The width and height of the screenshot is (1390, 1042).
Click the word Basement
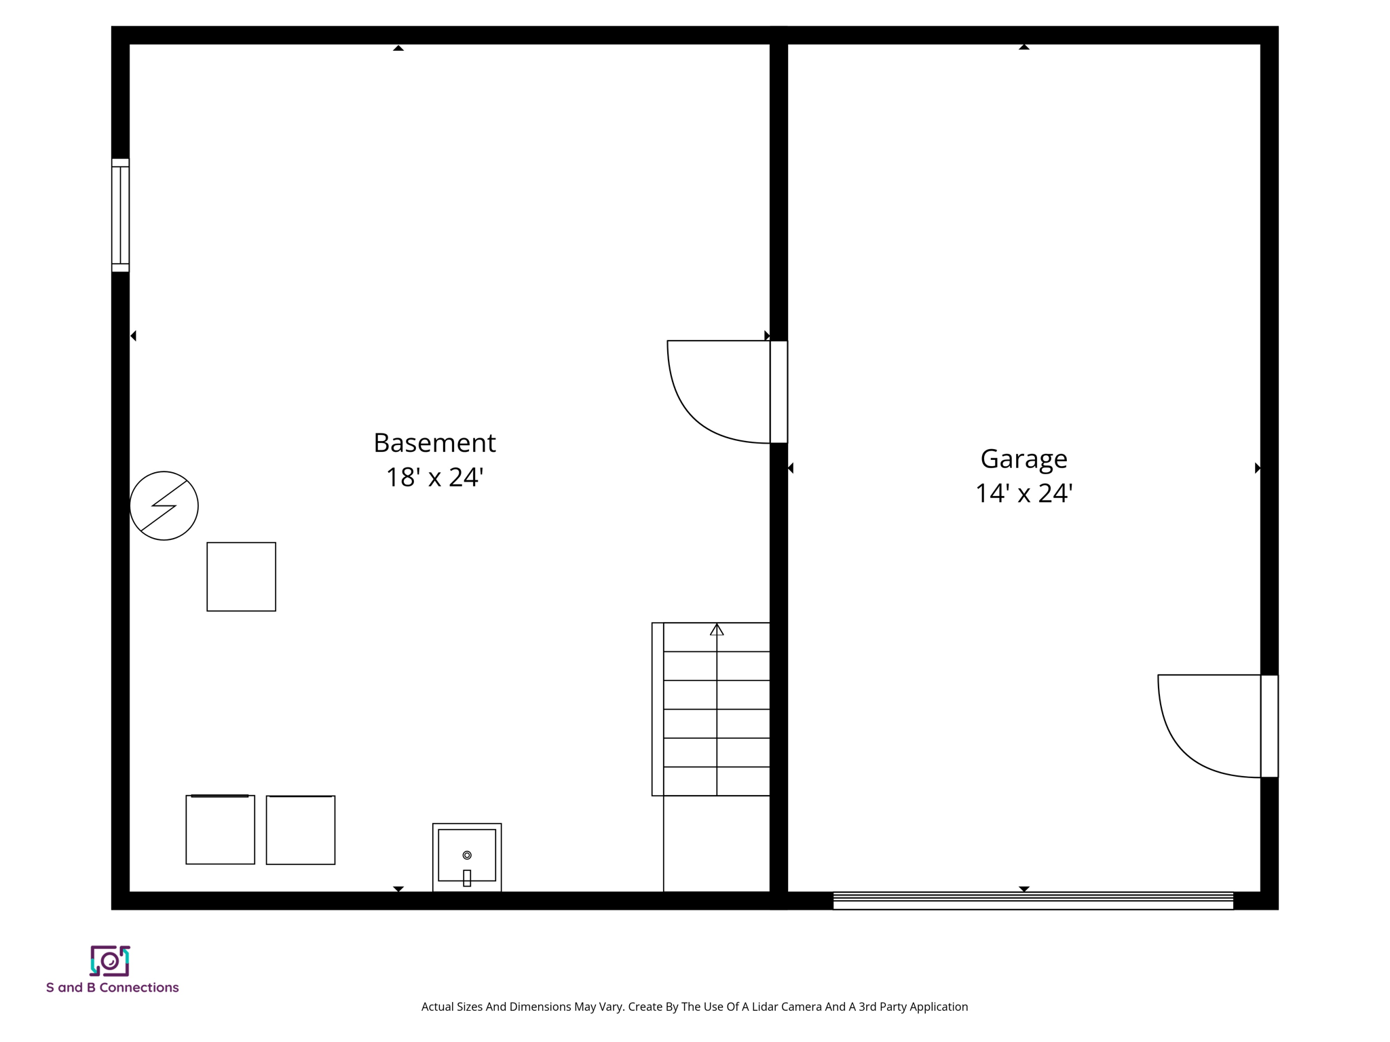click(x=434, y=443)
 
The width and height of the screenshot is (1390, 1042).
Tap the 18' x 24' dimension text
click(x=434, y=478)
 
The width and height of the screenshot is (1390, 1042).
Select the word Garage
click(x=1023, y=459)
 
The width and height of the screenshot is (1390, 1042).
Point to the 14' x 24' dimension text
click(x=1023, y=494)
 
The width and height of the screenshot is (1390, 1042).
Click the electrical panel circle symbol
click(x=164, y=505)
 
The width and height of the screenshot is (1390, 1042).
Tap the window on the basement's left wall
click(x=120, y=215)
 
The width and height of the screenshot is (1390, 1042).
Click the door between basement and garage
click(x=778, y=392)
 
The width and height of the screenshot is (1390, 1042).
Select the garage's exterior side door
click(x=1269, y=726)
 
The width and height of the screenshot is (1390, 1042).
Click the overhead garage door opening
click(x=1032, y=901)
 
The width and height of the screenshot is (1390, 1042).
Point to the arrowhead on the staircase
click(x=717, y=630)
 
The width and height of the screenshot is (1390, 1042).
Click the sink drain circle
click(x=467, y=855)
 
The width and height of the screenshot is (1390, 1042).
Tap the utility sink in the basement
click(x=467, y=857)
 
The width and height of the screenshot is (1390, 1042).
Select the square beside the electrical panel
click(x=241, y=577)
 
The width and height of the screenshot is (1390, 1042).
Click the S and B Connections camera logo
click(x=110, y=961)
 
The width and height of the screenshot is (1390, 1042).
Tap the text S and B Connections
click(x=112, y=988)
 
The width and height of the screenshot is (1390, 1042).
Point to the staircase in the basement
click(x=711, y=709)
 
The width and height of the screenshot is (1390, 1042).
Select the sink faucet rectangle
click(x=467, y=878)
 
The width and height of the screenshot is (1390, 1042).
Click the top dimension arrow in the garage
click(x=1023, y=47)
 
